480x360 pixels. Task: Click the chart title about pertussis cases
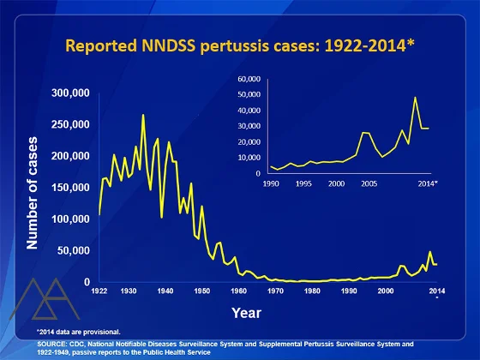click(x=240, y=45)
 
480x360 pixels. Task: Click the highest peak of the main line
click(x=143, y=115)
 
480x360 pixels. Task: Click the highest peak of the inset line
click(x=416, y=97)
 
